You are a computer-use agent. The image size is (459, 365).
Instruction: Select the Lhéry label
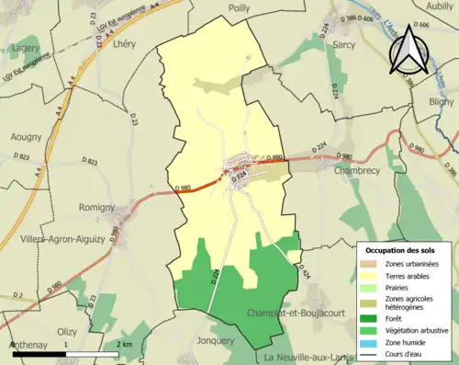[123, 43]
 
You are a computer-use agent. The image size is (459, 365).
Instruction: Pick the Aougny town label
[25, 137]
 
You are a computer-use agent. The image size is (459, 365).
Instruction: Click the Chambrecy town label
[363, 171]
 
